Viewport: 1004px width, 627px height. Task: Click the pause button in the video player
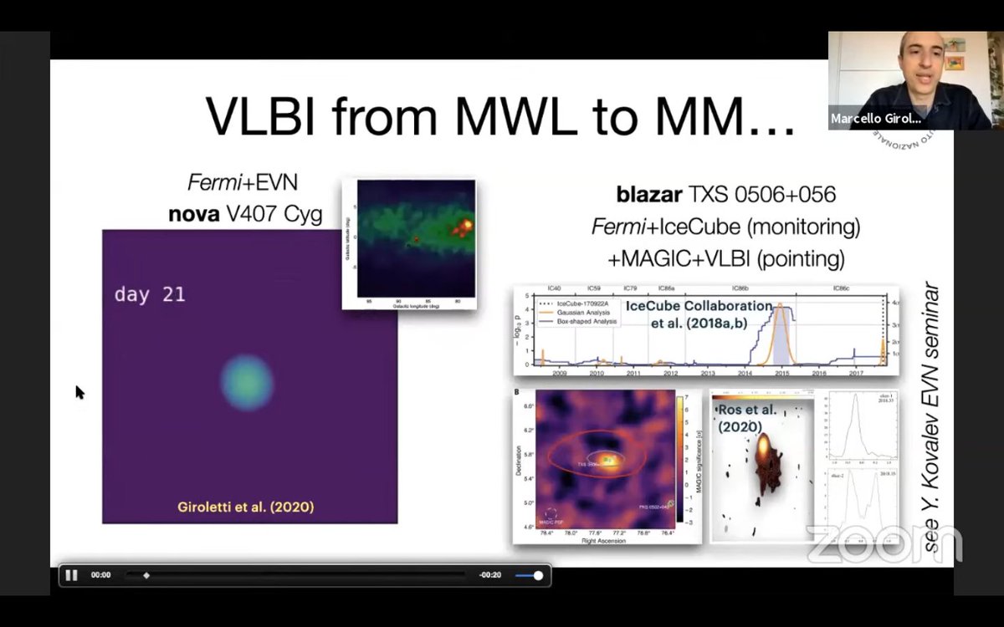click(71, 575)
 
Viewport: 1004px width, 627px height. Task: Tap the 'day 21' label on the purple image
click(150, 294)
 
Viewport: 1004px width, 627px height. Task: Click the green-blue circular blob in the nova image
click(247, 382)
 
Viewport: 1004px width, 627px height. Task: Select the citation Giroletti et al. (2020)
click(245, 507)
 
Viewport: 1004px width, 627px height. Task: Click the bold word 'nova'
click(193, 214)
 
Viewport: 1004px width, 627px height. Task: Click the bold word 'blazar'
click(649, 195)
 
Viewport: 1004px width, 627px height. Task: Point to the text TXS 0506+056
click(762, 195)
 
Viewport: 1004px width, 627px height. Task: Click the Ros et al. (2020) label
click(746, 418)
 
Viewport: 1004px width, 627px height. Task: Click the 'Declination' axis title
click(520, 461)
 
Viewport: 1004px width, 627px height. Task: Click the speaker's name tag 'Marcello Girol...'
click(875, 119)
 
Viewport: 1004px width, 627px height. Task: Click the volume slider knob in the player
click(538, 575)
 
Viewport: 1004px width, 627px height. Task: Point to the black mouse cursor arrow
click(79, 392)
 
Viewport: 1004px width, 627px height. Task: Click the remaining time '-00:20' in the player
click(489, 575)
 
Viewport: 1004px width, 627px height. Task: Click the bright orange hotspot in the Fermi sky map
click(464, 225)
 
